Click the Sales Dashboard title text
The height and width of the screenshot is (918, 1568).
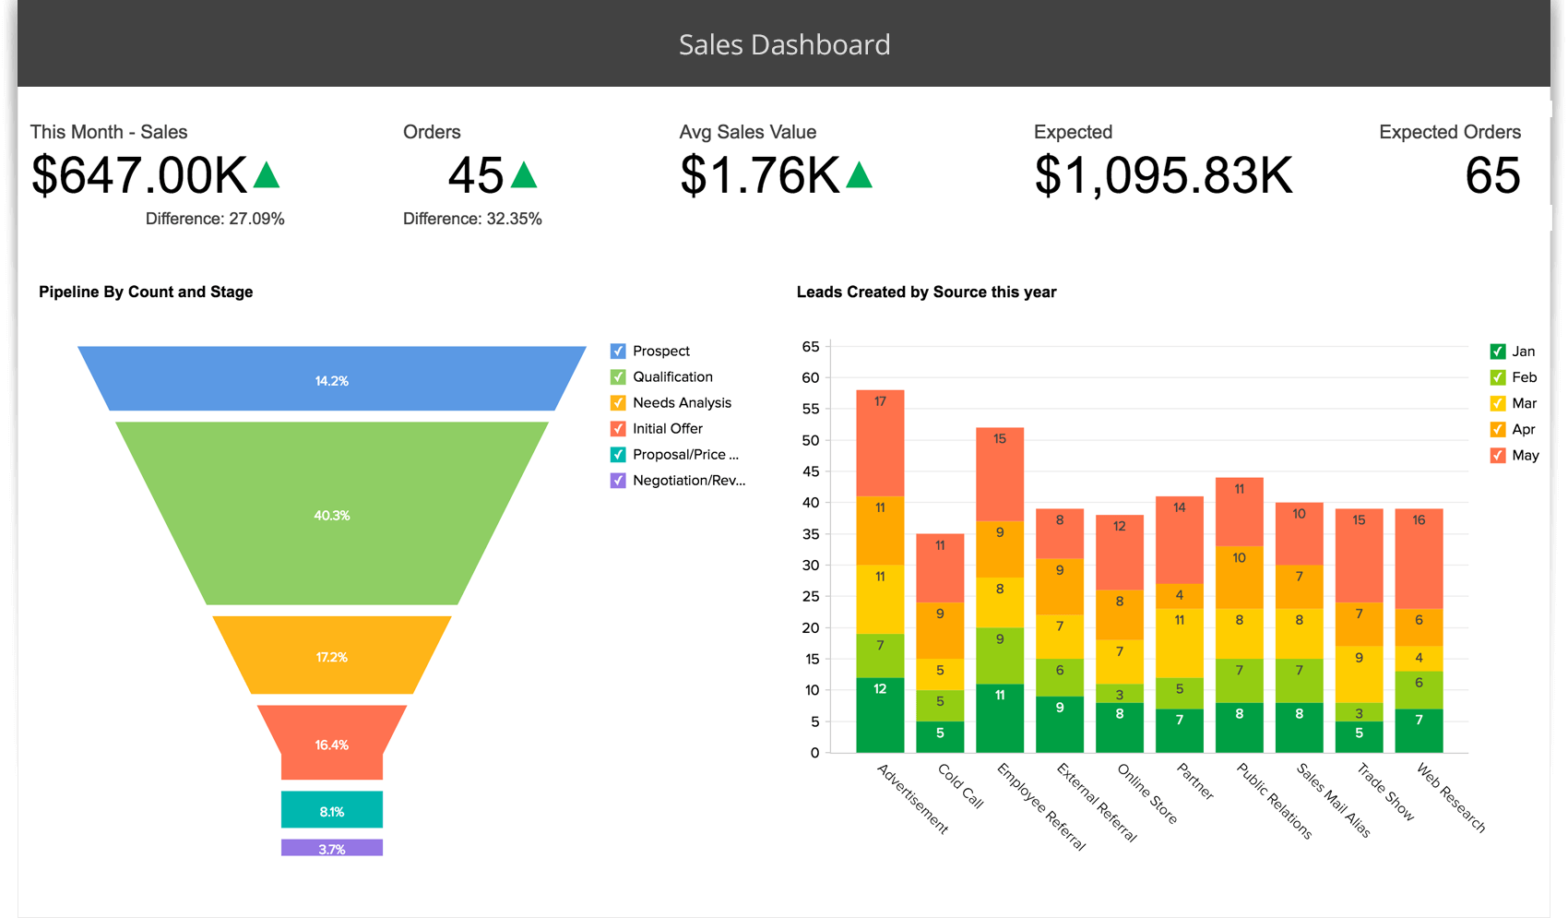(784, 44)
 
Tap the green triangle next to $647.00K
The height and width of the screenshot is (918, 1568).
(267, 175)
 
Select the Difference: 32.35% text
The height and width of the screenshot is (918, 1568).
(472, 219)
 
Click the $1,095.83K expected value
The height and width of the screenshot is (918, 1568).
(1163, 175)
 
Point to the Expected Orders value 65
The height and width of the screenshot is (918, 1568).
(1492, 175)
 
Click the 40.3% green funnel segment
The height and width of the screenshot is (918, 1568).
(332, 515)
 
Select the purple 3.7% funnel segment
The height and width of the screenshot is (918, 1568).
(332, 848)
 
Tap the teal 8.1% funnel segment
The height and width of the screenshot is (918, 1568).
(332, 810)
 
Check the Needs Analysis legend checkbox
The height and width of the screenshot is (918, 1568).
(618, 402)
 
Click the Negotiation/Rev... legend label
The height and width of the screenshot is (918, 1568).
(688, 480)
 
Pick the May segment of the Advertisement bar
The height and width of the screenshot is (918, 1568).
(880, 443)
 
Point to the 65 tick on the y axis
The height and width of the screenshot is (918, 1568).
(810, 347)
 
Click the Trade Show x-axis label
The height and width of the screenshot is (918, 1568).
(1385, 792)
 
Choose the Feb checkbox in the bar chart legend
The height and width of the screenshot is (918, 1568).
(1498, 377)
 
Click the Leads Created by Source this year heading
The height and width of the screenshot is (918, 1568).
(926, 292)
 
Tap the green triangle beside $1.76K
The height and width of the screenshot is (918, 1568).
(859, 175)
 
